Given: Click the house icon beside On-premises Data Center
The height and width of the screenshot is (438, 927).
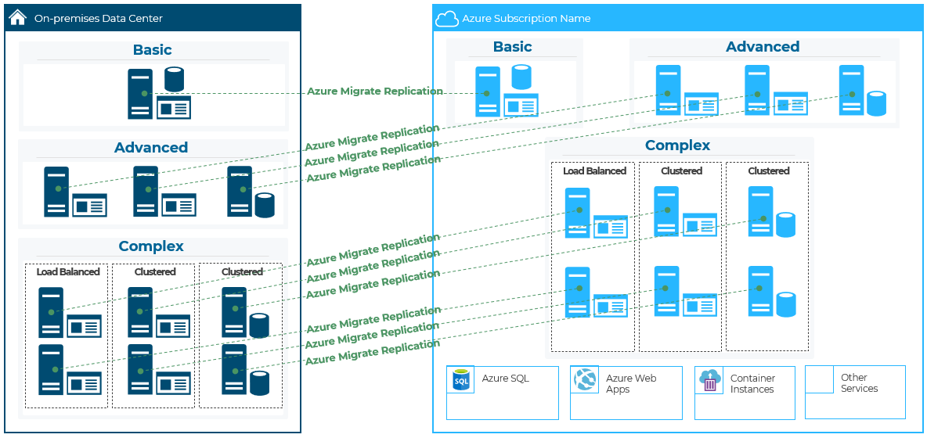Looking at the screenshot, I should [x=17, y=17].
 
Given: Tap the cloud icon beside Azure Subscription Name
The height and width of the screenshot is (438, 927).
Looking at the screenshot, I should [x=446, y=18].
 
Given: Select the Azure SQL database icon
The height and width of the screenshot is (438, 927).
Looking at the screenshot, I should [x=460, y=380].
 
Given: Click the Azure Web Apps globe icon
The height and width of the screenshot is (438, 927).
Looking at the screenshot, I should [x=585, y=380].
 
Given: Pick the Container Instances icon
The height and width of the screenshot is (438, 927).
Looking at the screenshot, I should [x=709, y=380].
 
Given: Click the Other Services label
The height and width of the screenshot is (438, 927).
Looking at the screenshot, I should [x=859, y=382].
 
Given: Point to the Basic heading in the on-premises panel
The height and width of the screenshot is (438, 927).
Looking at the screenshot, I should [x=152, y=50].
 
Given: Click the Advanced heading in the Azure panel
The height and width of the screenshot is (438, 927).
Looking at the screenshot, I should [x=763, y=47].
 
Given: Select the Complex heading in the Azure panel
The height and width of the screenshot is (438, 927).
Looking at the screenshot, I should [x=677, y=145].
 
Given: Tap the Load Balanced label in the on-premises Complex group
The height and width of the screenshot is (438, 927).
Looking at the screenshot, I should [x=68, y=272].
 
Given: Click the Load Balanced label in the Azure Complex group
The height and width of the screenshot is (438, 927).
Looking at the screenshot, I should [x=594, y=171].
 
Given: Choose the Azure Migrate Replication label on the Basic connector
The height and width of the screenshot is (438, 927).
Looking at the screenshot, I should [x=375, y=92].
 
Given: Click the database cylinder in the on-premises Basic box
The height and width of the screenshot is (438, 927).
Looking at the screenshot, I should [x=174, y=79].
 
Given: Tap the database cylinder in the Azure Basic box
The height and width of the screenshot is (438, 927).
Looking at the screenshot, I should [x=521, y=77].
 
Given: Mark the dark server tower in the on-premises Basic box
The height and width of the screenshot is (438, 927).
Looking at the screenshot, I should [x=140, y=94].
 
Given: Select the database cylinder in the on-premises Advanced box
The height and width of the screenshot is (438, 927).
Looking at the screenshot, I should [x=265, y=205].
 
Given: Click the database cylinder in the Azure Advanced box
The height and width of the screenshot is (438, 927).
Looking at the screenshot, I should [x=875, y=104].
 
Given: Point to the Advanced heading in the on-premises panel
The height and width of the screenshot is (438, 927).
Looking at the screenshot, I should [x=151, y=148].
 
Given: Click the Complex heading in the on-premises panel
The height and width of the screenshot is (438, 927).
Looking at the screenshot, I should [x=151, y=246].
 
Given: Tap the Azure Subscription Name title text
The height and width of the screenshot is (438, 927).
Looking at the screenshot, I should [x=526, y=18].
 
